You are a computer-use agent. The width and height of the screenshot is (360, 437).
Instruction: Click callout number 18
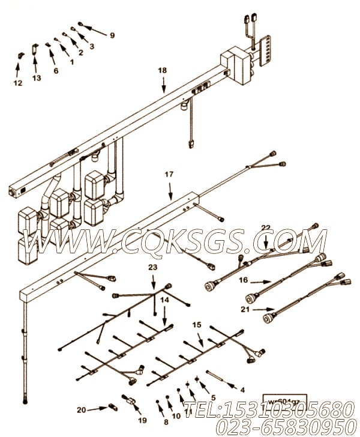tap(162, 70)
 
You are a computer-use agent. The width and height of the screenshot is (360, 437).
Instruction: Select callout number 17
tap(169, 175)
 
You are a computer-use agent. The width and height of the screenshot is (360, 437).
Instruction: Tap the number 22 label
tap(266, 227)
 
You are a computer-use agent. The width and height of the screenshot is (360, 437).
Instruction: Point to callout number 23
tap(152, 268)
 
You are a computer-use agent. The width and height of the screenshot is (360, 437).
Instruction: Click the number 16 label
tap(243, 280)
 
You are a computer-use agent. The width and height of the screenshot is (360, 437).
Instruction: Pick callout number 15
tap(196, 325)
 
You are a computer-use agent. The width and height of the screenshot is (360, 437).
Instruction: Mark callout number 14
tap(165, 299)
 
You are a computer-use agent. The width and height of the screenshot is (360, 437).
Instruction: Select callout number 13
tap(37, 78)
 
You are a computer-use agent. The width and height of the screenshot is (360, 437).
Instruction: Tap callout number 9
tap(111, 35)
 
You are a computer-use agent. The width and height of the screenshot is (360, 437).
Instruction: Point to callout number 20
tap(81, 410)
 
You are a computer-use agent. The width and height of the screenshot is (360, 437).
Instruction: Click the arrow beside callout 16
tap(260, 281)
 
